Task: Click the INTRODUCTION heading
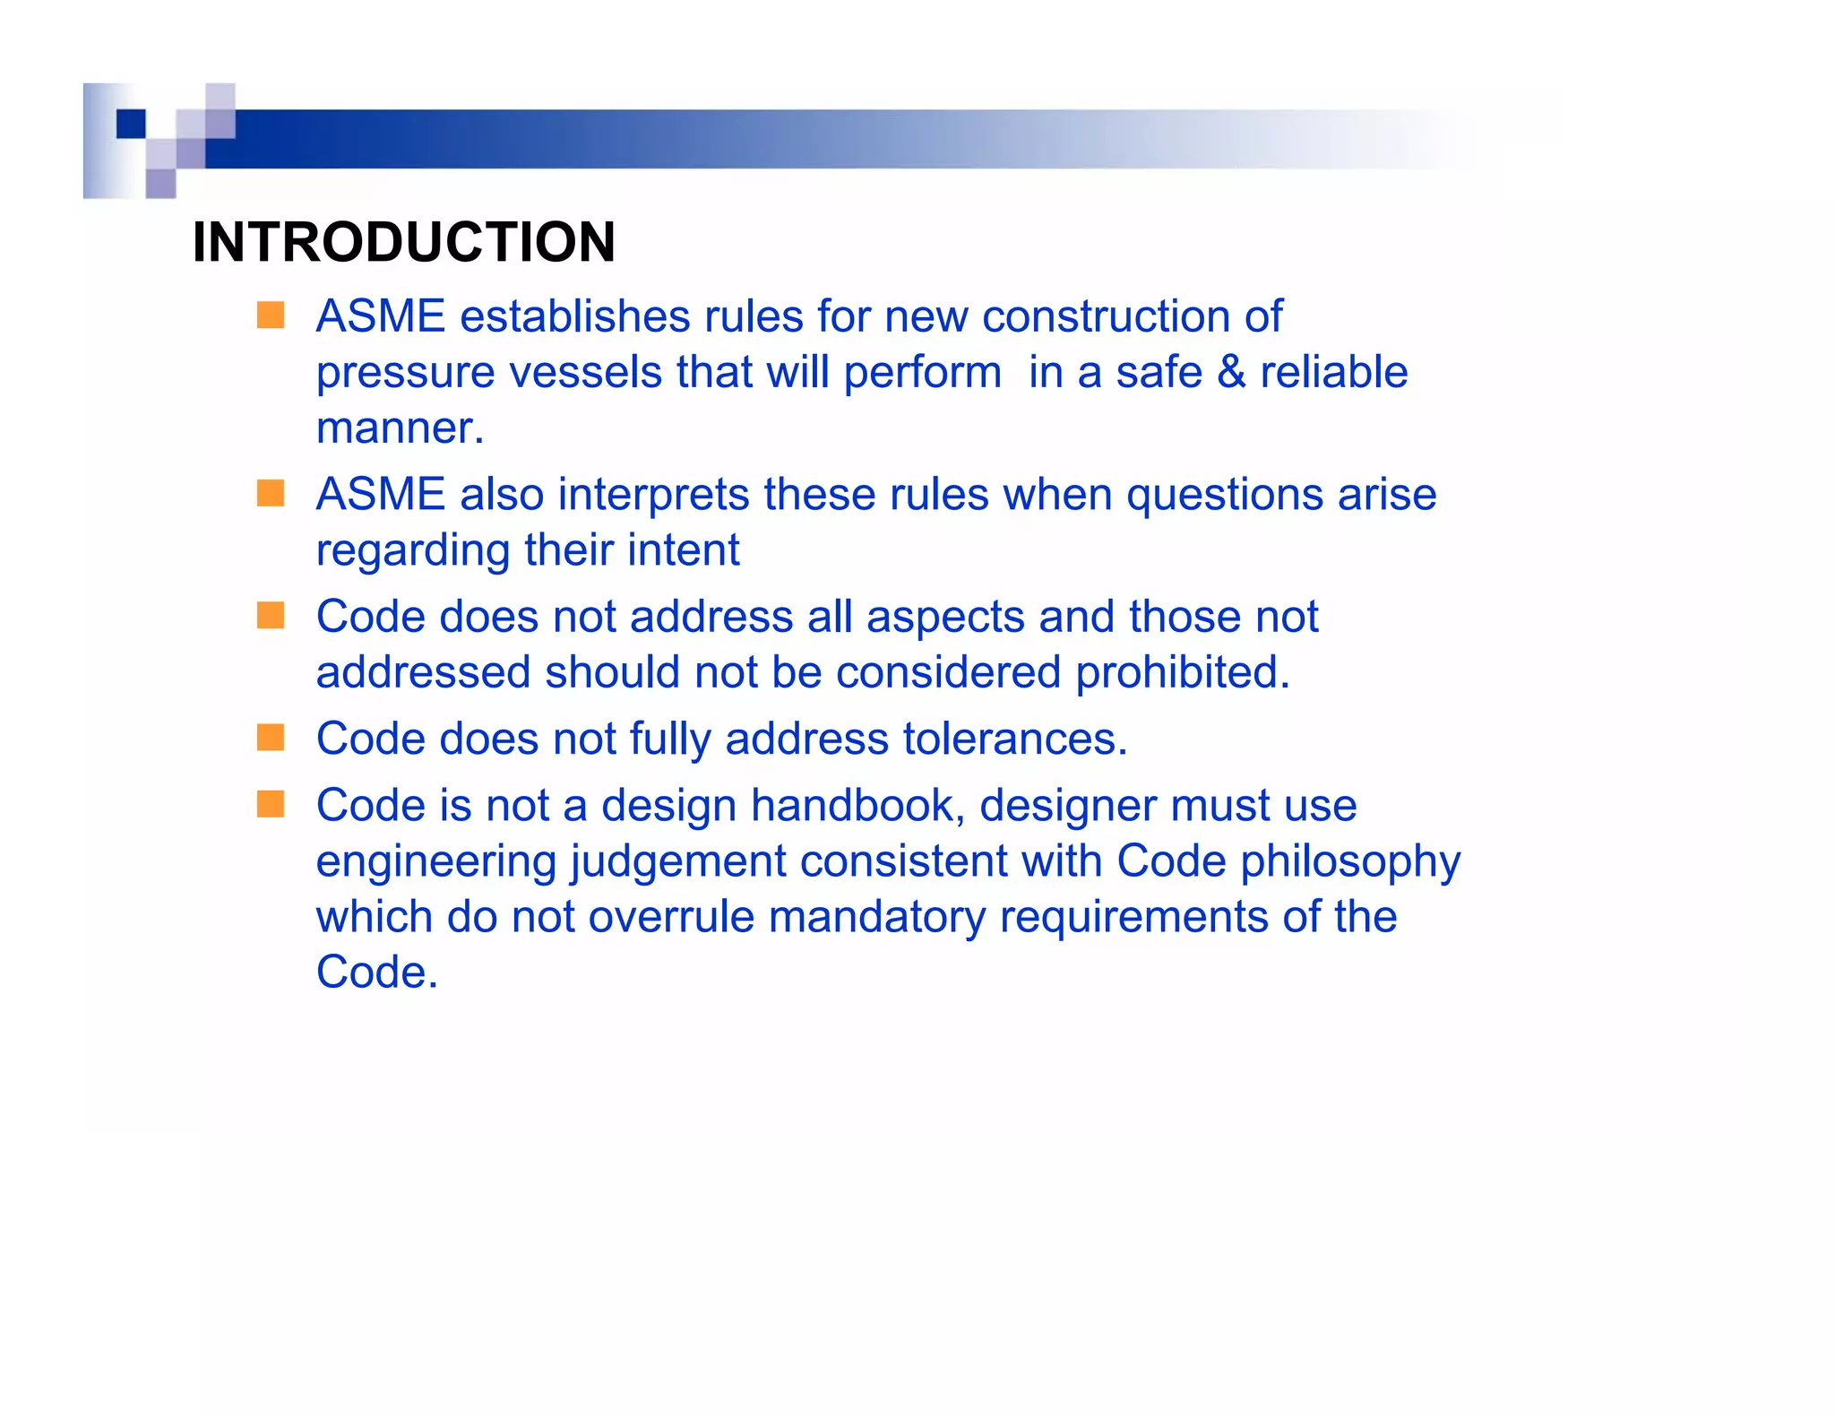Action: pos(403,242)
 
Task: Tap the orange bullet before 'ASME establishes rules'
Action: pos(270,316)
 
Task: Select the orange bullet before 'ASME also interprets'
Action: pos(270,493)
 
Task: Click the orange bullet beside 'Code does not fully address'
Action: pos(270,738)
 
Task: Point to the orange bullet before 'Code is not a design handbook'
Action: pos(270,804)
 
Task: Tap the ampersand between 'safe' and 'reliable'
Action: pos(1231,372)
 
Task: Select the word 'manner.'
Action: pos(400,428)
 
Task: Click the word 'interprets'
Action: pos(653,495)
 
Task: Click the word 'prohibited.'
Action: pos(1182,672)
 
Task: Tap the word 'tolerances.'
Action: pos(1015,739)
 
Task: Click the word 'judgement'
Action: pos(677,862)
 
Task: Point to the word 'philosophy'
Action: pos(1350,862)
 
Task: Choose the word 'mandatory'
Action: pos(876,917)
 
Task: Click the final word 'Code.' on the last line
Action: pos(377,973)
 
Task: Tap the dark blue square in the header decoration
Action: pos(131,124)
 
